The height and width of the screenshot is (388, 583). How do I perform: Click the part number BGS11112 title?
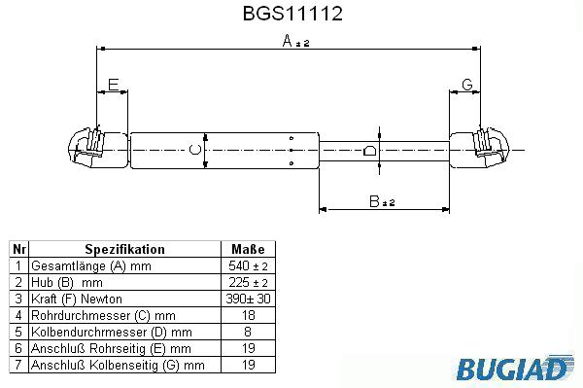292,14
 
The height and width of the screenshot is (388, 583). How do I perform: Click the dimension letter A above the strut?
287,41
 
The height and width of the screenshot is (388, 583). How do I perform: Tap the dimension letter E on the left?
113,85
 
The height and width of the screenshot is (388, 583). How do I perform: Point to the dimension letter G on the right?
467,85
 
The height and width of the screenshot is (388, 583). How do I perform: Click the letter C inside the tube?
195,150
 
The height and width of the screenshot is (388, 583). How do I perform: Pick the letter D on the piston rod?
370,151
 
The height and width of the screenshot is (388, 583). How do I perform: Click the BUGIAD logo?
514,368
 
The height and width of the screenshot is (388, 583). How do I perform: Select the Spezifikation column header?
124,249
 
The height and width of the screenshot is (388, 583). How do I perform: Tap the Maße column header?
248,249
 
